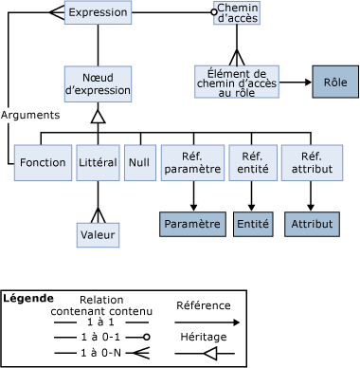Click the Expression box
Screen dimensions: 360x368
pos(98,12)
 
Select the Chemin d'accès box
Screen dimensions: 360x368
pos(237,12)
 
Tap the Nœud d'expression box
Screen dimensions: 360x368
pos(98,84)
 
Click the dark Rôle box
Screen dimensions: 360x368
pos(335,82)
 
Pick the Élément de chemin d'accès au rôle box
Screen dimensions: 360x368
pos(237,82)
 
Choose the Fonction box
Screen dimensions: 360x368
pos(43,163)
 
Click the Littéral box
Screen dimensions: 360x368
pos(98,163)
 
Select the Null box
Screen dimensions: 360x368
pos(140,163)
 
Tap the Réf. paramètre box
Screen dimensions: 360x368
pos(192,163)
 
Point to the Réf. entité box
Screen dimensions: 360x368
pos(253,163)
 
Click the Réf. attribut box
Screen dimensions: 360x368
pos(312,163)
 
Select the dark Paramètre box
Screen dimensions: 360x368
pos(192,224)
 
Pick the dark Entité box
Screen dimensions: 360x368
pos(253,224)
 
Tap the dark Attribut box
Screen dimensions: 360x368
pos(312,224)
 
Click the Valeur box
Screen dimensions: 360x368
pos(98,235)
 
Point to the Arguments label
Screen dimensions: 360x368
pos(30,115)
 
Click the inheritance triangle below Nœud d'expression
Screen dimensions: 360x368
pos(98,117)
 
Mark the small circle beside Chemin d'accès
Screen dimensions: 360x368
pos(214,12)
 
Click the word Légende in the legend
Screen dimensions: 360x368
pos(28,299)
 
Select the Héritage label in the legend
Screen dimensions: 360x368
pos(204,337)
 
